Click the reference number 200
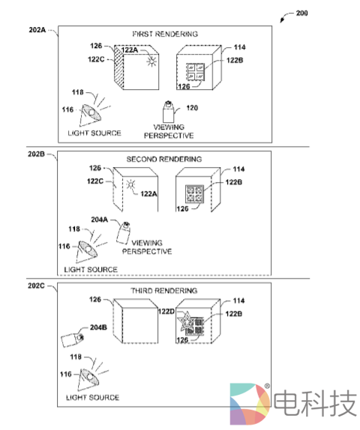(x=301, y=13)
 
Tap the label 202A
(x=37, y=30)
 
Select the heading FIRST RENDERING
(x=165, y=34)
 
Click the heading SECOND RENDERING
(x=164, y=159)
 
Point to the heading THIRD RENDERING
(x=164, y=291)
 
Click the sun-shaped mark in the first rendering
(x=151, y=61)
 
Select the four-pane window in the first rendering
(x=196, y=71)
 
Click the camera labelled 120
(x=168, y=112)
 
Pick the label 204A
(x=100, y=219)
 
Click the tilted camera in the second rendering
(x=123, y=233)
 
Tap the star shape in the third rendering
(x=186, y=320)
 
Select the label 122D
(x=166, y=312)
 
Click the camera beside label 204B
(x=72, y=340)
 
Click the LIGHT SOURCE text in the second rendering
(x=91, y=270)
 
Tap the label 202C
(x=36, y=285)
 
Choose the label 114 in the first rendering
(x=239, y=47)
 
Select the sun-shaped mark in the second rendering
(x=131, y=184)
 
